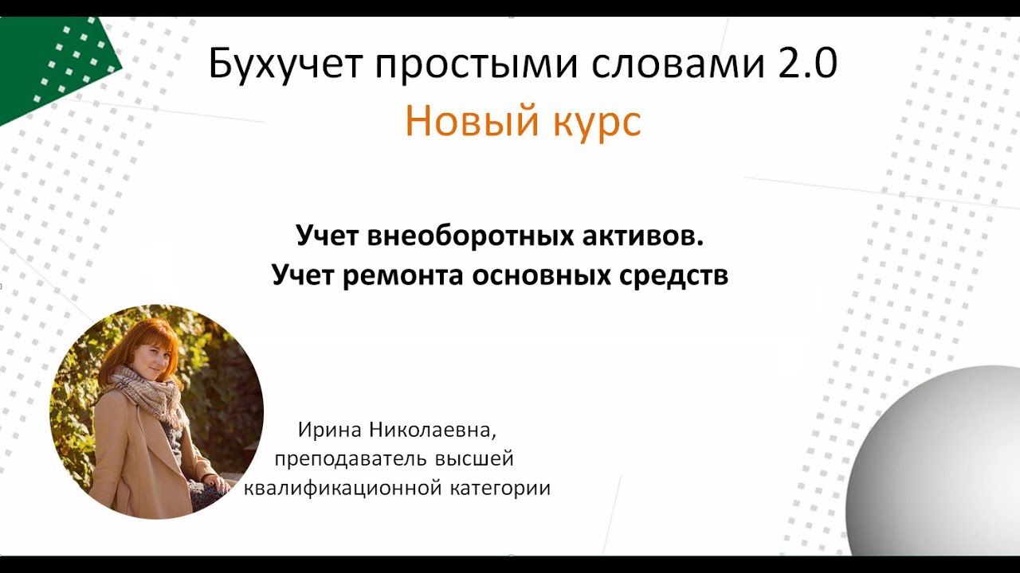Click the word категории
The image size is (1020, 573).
500,488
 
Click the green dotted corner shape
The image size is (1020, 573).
56,60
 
